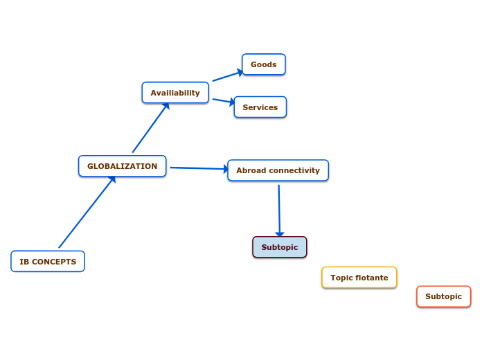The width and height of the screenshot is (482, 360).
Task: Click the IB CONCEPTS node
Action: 48,262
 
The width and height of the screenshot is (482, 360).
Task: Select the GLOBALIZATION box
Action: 122,166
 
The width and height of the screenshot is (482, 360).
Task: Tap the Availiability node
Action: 175,93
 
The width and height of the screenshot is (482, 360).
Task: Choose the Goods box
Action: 263,64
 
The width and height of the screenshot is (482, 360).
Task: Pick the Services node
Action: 260,107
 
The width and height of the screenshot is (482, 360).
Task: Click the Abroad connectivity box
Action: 278,170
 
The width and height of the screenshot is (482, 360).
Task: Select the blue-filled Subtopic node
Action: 279,247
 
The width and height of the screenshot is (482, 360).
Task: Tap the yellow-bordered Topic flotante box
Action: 359,278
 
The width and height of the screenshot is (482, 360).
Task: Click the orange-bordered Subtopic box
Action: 443,296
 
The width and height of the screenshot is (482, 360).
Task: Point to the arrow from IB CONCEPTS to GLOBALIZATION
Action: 86,213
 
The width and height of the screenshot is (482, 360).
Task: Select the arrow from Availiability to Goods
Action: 227,75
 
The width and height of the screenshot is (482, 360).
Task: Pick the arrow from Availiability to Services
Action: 223,101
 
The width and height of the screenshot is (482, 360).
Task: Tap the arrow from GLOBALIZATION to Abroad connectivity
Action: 199,168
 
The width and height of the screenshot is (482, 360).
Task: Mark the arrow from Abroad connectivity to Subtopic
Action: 279,210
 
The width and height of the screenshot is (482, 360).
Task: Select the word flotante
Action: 372,278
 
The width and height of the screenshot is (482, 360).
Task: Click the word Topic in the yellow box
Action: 342,278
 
